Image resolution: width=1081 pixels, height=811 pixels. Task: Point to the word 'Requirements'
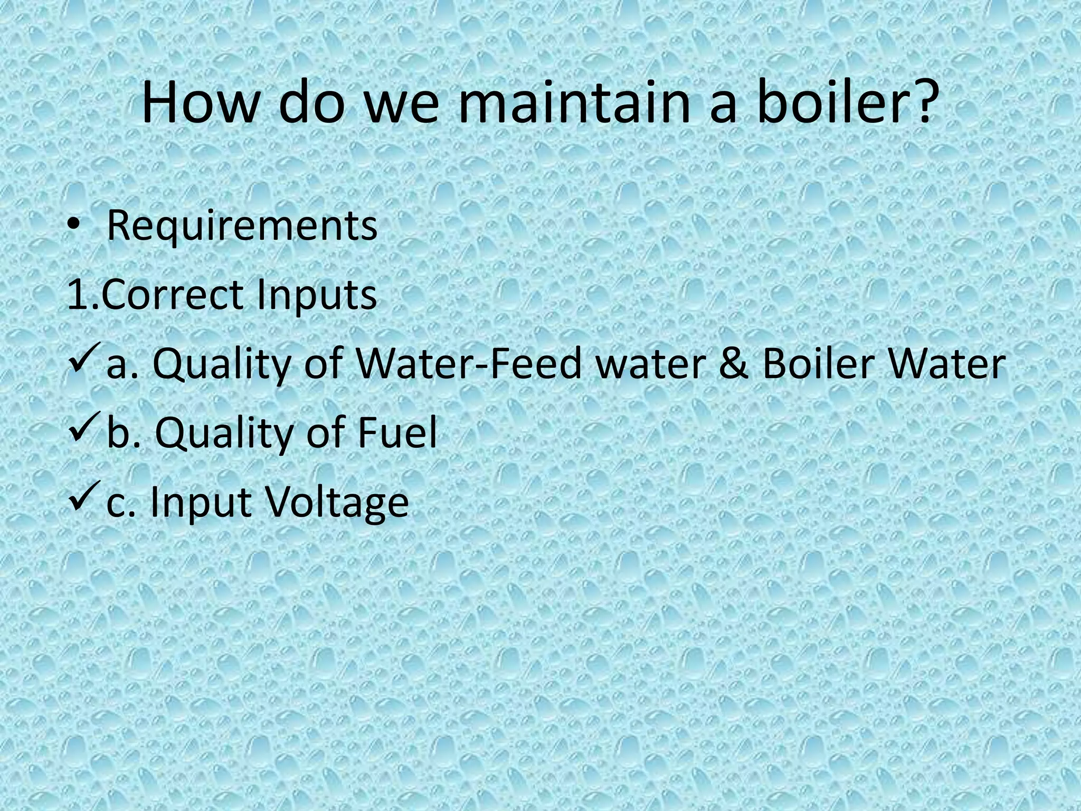tap(242, 226)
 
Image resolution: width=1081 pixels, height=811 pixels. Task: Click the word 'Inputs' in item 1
tap(317, 296)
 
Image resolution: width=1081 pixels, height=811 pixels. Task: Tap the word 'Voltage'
tap(337, 502)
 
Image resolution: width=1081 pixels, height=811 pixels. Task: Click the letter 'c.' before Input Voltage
tap(122, 502)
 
